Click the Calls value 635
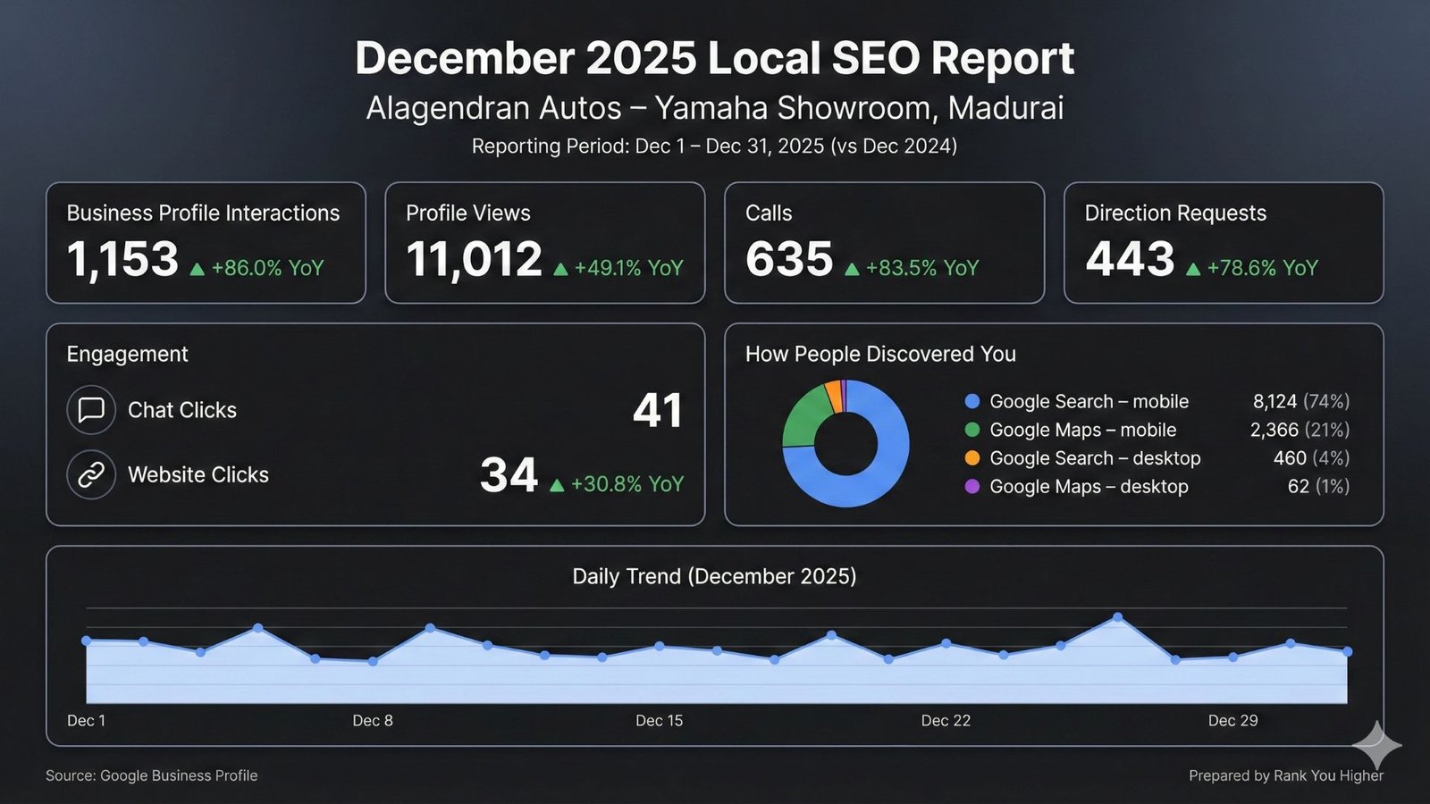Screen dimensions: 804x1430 click(x=789, y=260)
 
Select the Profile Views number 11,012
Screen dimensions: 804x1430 click(x=474, y=260)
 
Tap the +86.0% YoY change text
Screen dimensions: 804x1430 click(x=267, y=268)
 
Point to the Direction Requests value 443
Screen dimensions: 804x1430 click(x=1130, y=260)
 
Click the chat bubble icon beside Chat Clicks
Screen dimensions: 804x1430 click(x=91, y=410)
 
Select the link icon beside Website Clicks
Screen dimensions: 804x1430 click(x=91, y=474)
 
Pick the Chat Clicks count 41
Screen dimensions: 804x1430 click(x=658, y=411)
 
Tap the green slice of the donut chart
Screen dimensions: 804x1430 click(x=803, y=416)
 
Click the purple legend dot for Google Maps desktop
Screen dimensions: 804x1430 click(x=972, y=487)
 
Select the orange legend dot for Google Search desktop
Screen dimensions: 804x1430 click(x=972, y=458)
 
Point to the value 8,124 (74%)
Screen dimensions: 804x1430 click(x=1300, y=401)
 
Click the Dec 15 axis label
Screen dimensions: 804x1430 click(x=659, y=721)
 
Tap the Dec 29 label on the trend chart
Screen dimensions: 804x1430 click(x=1232, y=721)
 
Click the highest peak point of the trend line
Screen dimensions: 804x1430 click(x=1118, y=617)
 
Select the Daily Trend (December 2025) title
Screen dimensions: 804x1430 click(x=714, y=576)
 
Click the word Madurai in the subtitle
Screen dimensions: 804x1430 click(x=1005, y=108)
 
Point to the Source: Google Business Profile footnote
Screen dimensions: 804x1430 click(x=152, y=775)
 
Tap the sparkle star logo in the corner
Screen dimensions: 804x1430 click(x=1376, y=745)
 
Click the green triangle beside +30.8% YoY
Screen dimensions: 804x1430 click(x=557, y=485)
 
